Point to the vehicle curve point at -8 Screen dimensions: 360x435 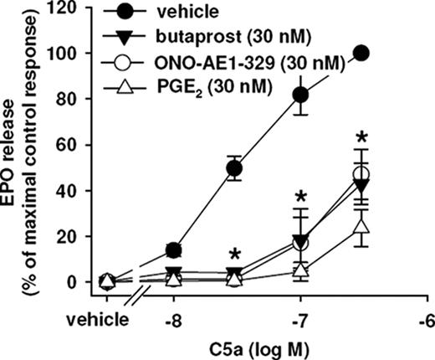tap(174, 249)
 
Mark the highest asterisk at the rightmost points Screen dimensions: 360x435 tap(361, 137)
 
